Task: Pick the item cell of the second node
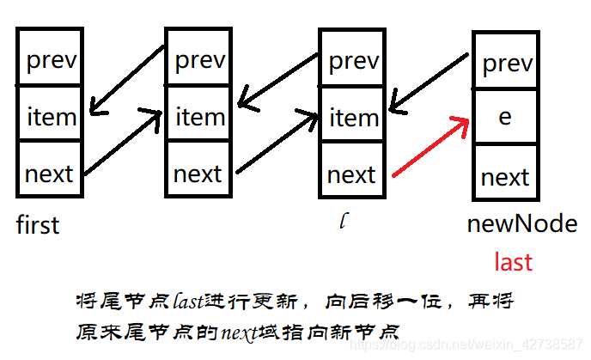199,115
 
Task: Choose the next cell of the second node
199,173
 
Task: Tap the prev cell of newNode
505,62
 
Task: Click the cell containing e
505,117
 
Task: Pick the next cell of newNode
505,176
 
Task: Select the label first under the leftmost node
38,225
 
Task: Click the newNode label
521,224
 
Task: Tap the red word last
513,261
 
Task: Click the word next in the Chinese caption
237,330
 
